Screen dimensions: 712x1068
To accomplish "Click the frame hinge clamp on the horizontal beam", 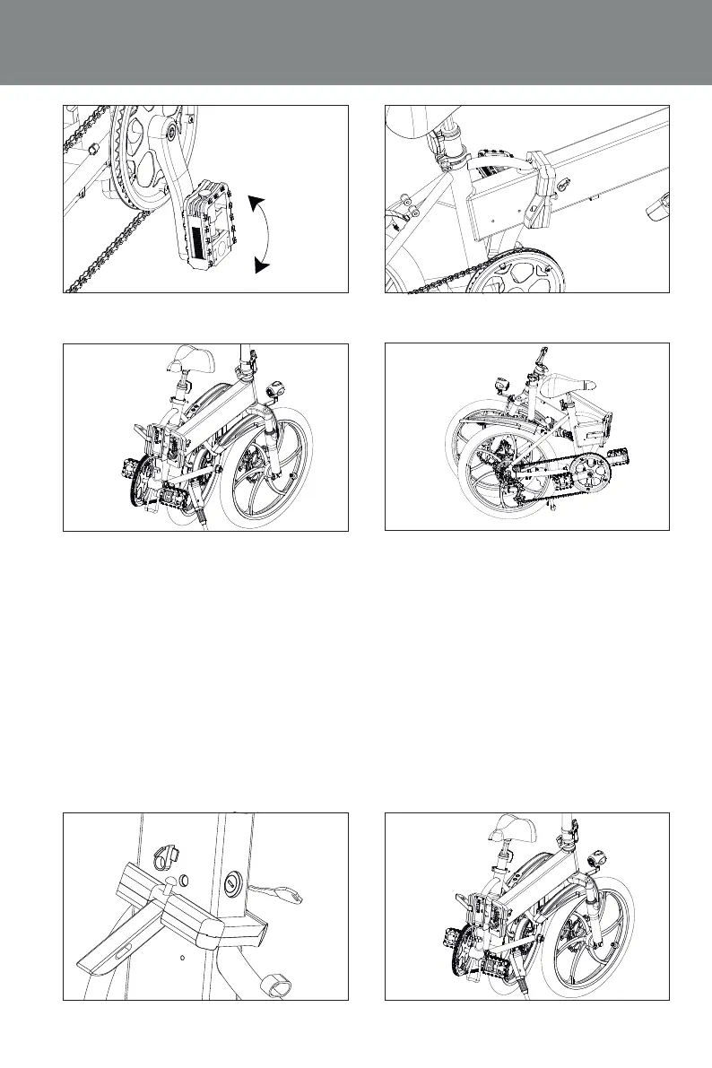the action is (542, 187).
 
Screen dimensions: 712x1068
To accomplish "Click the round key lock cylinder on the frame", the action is (232, 883).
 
